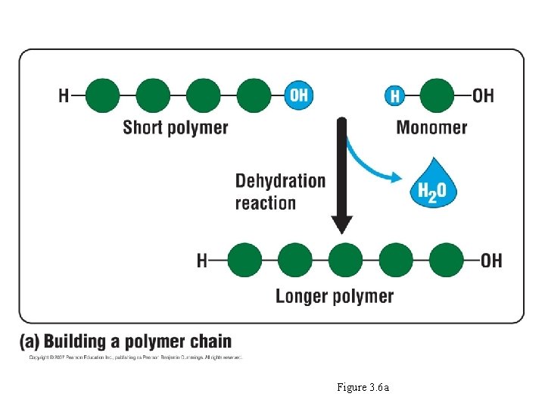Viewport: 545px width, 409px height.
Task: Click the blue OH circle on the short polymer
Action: click(298, 95)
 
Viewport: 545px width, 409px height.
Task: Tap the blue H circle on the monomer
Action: click(394, 96)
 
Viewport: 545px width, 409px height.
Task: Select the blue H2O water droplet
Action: click(432, 183)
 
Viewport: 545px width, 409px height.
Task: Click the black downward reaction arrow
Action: click(342, 174)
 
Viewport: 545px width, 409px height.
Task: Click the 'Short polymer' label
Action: click(176, 127)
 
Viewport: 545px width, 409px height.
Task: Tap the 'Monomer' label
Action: click(431, 127)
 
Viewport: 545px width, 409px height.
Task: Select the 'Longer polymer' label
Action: click(335, 295)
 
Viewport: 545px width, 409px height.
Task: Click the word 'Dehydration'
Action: click(280, 181)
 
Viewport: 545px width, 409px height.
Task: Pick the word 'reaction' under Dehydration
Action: click(265, 203)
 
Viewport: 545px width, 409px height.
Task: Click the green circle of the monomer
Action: click(437, 96)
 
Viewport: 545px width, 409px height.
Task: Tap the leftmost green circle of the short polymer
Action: click(102, 95)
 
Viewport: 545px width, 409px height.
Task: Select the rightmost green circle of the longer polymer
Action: click(447, 261)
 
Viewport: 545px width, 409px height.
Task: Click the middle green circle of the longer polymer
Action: click(345, 261)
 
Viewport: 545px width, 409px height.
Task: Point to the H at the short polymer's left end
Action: click(64, 96)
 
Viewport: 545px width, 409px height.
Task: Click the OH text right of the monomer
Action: click(483, 96)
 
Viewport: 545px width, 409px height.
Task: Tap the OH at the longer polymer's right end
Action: click(491, 261)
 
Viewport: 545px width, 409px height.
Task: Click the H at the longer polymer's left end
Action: click(202, 261)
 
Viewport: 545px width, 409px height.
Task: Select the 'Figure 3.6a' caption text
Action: click(363, 388)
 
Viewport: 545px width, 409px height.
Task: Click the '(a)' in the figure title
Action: click(31, 342)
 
